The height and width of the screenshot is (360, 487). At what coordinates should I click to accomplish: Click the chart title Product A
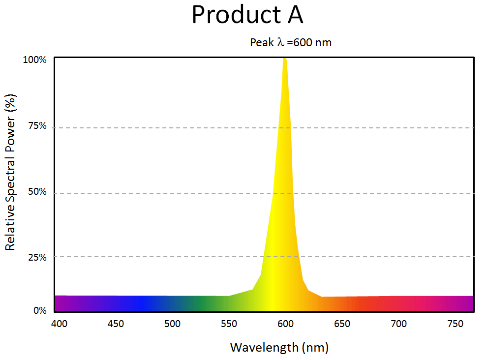pos(247,15)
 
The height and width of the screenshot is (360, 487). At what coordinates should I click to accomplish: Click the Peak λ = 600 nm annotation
pos(291,43)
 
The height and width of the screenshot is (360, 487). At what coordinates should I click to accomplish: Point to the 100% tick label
pos(35,60)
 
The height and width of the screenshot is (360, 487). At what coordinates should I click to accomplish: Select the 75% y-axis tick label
pos(37,126)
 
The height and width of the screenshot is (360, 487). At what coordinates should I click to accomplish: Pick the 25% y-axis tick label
pos(37,257)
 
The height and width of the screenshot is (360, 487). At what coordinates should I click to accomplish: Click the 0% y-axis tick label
pos(39,311)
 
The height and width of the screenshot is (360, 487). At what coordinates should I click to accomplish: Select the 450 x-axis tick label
pos(116,324)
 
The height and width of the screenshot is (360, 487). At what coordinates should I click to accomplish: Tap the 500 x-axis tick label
pos(172,324)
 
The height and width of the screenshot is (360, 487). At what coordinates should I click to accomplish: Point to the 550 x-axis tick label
pos(229,324)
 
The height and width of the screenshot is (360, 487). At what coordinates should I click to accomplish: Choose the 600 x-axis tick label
pos(285,324)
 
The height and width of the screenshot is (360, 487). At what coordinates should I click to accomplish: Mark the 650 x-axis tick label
pos(342,324)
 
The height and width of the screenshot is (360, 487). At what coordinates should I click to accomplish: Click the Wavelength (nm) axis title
pos(279,348)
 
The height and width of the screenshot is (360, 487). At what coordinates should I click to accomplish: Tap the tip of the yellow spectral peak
pos(284,59)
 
